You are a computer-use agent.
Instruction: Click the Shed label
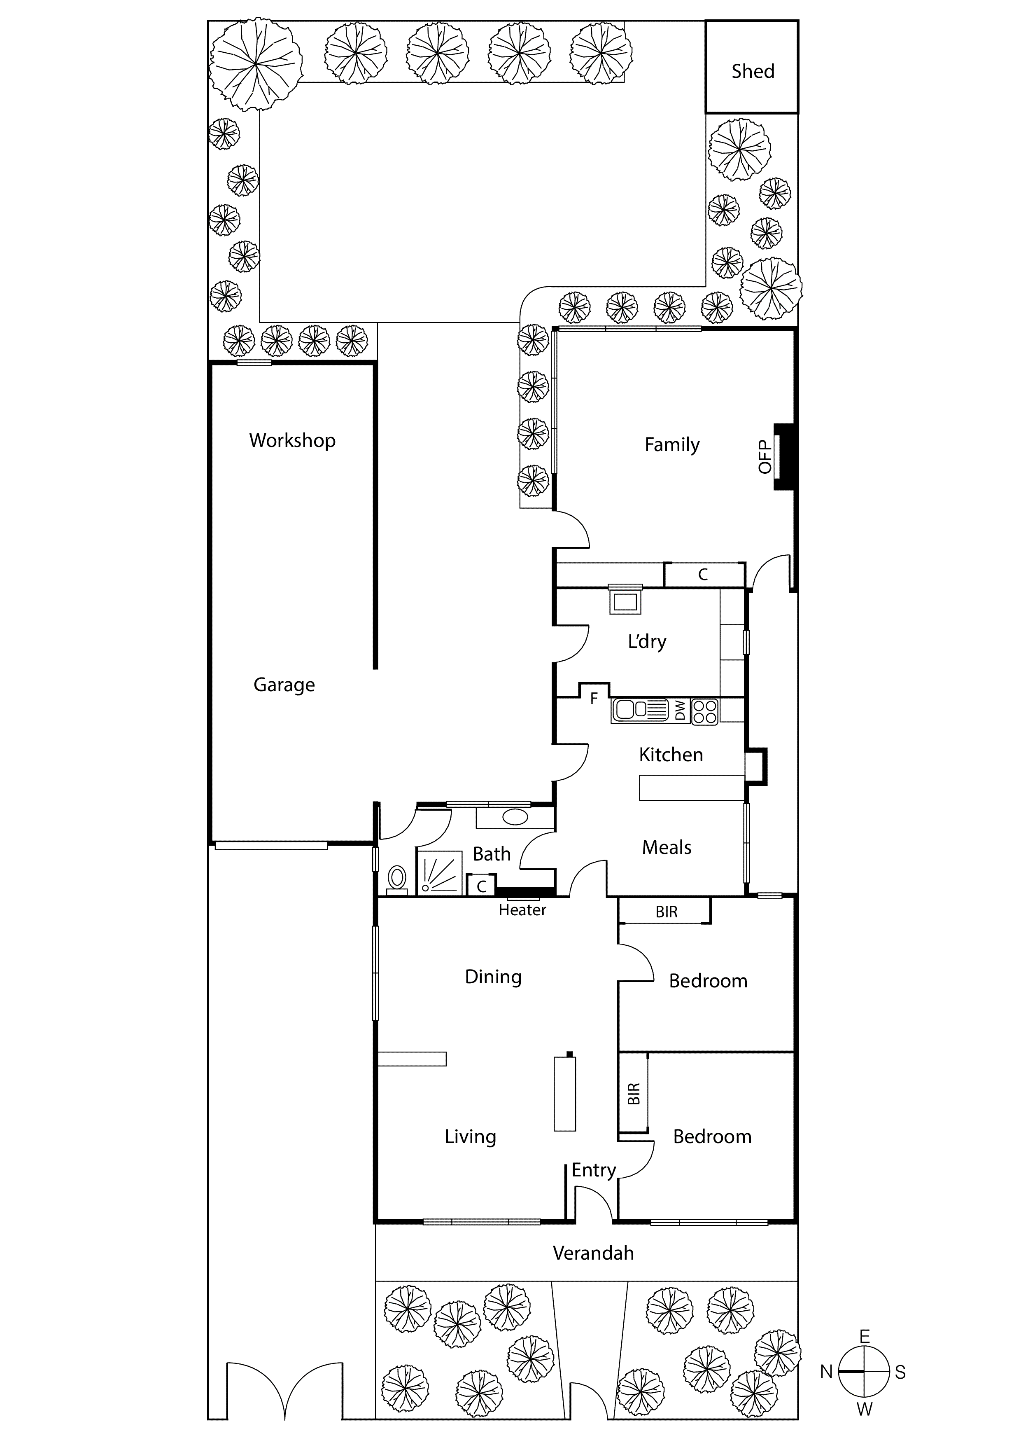point(753,71)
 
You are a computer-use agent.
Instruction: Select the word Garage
point(284,685)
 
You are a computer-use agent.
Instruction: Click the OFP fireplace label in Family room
point(765,457)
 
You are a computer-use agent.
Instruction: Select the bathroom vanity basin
point(515,818)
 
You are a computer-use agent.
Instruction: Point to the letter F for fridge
point(593,698)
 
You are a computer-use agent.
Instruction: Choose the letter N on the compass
point(826,1372)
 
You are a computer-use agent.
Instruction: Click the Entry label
point(593,1170)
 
